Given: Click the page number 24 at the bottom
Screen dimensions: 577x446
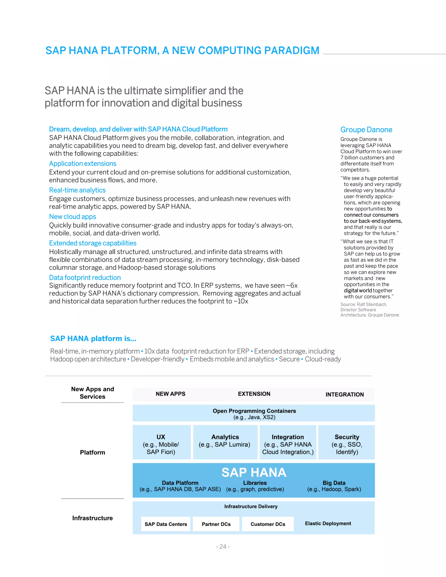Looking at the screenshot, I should pyautogui.click(x=223, y=546).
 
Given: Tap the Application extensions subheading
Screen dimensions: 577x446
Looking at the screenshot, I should pyautogui.click(x=83, y=164).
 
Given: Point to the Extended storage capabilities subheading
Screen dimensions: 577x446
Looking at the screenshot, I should pyautogui.click(x=93, y=243).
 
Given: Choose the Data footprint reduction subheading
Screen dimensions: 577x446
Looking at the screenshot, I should pyautogui.click(x=85, y=277).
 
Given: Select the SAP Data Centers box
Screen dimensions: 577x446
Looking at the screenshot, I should pyautogui.click(x=166, y=524).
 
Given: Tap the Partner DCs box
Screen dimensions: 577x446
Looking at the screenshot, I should pyautogui.click(x=216, y=524).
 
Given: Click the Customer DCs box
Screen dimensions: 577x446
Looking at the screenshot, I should pyautogui.click(x=268, y=524).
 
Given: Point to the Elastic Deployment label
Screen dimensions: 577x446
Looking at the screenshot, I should pyautogui.click(x=328, y=523).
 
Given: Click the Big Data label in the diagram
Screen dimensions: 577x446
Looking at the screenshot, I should pyautogui.click(x=334, y=483).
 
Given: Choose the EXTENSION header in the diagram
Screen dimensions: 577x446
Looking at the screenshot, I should pyautogui.click(x=254, y=394).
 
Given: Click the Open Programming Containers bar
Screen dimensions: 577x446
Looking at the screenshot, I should pyautogui.click(x=254, y=413).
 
